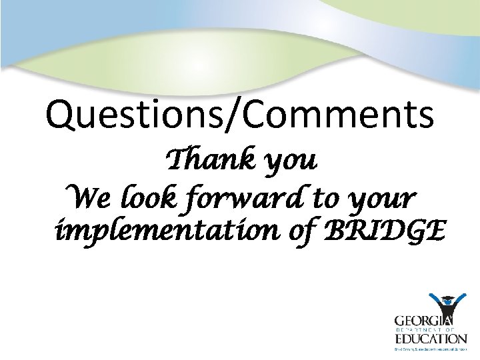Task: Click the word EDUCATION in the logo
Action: pyautogui.click(x=429, y=339)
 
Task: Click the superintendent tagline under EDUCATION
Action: pyautogui.click(x=429, y=348)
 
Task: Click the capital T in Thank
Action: pyautogui.click(x=177, y=161)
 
